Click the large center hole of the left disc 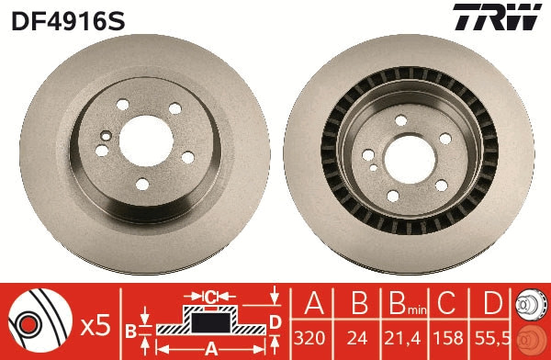click(x=144, y=136)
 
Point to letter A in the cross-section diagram click(x=210, y=348)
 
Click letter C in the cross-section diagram click(x=210, y=297)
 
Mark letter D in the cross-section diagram click(x=274, y=321)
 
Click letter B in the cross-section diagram click(x=130, y=329)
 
